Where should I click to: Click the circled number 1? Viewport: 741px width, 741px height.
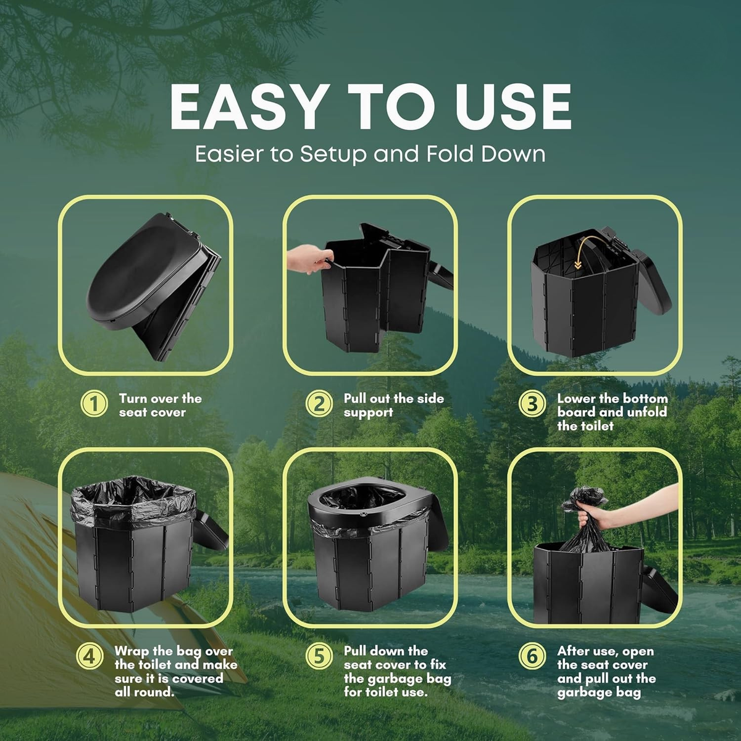94,404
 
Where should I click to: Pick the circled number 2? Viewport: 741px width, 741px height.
319,404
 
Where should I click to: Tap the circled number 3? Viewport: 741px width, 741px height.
532,404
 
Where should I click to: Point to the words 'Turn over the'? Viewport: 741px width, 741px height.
161,398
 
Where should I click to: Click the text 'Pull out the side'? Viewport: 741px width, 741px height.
394,398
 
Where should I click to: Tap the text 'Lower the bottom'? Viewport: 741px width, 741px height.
612,398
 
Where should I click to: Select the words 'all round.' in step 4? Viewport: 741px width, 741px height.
144,692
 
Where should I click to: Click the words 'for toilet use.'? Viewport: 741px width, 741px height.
386,692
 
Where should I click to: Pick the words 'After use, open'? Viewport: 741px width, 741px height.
605,651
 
